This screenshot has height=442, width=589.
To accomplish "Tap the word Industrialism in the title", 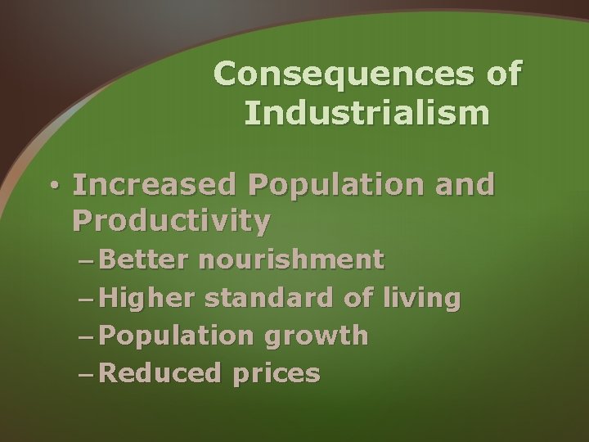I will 366,113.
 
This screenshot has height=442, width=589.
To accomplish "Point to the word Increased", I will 154,185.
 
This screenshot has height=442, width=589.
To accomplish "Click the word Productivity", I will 171,220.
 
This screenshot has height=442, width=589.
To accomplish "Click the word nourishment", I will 291,259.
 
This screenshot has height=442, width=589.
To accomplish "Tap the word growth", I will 321,336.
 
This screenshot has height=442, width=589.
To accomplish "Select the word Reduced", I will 163,373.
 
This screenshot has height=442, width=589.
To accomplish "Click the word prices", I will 276,375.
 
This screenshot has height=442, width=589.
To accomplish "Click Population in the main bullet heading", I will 330,185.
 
